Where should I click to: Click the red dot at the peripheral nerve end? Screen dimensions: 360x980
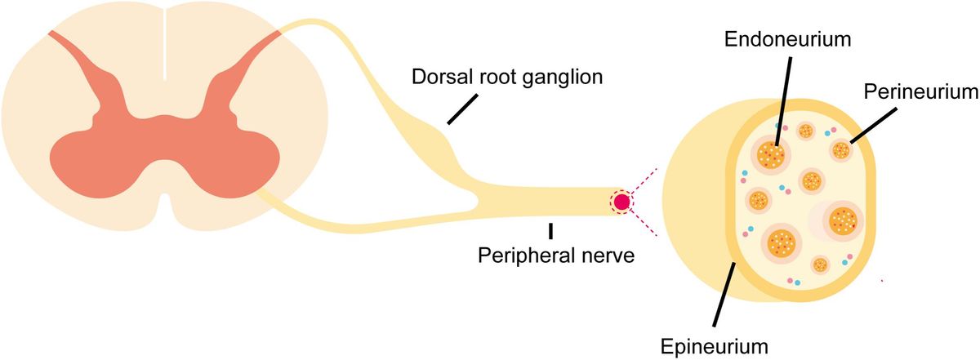click(621, 201)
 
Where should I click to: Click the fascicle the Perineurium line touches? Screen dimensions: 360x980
click(841, 150)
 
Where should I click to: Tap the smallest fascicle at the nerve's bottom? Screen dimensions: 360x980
click(819, 264)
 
